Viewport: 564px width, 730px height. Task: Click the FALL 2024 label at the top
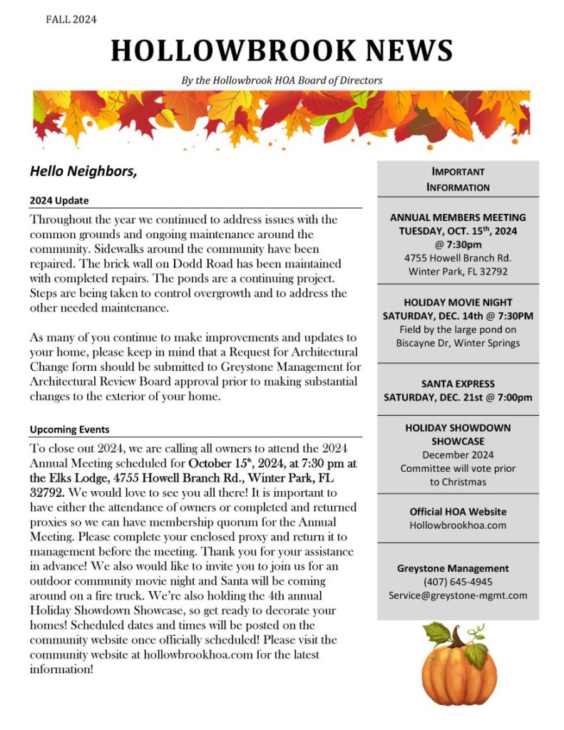tap(71, 19)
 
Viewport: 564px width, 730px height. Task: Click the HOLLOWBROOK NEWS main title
tap(282, 51)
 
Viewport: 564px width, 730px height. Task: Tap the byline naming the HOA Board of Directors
tap(282, 81)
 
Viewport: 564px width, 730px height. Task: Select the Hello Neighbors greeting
tap(83, 171)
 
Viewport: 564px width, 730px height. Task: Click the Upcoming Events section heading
tap(69, 430)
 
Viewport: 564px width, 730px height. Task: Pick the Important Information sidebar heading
tap(458, 180)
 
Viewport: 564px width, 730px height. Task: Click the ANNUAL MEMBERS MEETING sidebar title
tap(458, 217)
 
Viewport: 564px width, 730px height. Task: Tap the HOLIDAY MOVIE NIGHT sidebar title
tap(458, 302)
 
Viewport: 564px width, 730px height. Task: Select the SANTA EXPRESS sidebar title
tap(458, 384)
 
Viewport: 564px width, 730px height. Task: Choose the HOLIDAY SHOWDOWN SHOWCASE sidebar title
tap(458, 434)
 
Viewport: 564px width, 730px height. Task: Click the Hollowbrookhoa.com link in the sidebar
tap(458, 525)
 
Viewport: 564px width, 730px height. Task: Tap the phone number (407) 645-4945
tap(458, 582)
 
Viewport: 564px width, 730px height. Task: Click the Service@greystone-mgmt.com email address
tap(458, 595)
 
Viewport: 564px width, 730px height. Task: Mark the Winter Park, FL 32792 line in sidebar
tap(458, 272)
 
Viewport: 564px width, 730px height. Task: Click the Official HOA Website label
tap(458, 512)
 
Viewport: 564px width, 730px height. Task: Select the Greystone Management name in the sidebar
tap(453, 568)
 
